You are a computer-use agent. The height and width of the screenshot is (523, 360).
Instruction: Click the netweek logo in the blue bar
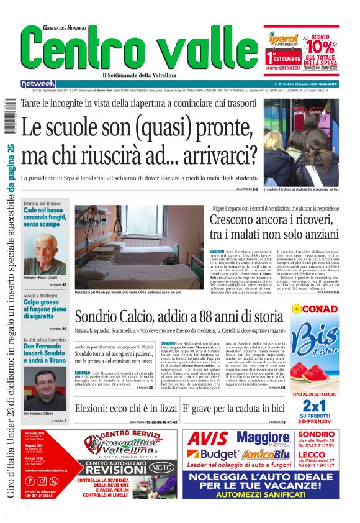[38, 84]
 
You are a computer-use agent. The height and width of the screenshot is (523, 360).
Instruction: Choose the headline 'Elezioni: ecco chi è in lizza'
[126, 409]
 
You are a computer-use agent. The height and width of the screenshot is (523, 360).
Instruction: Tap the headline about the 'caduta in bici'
[233, 409]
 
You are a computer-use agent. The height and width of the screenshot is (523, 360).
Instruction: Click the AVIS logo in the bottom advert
[208, 439]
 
